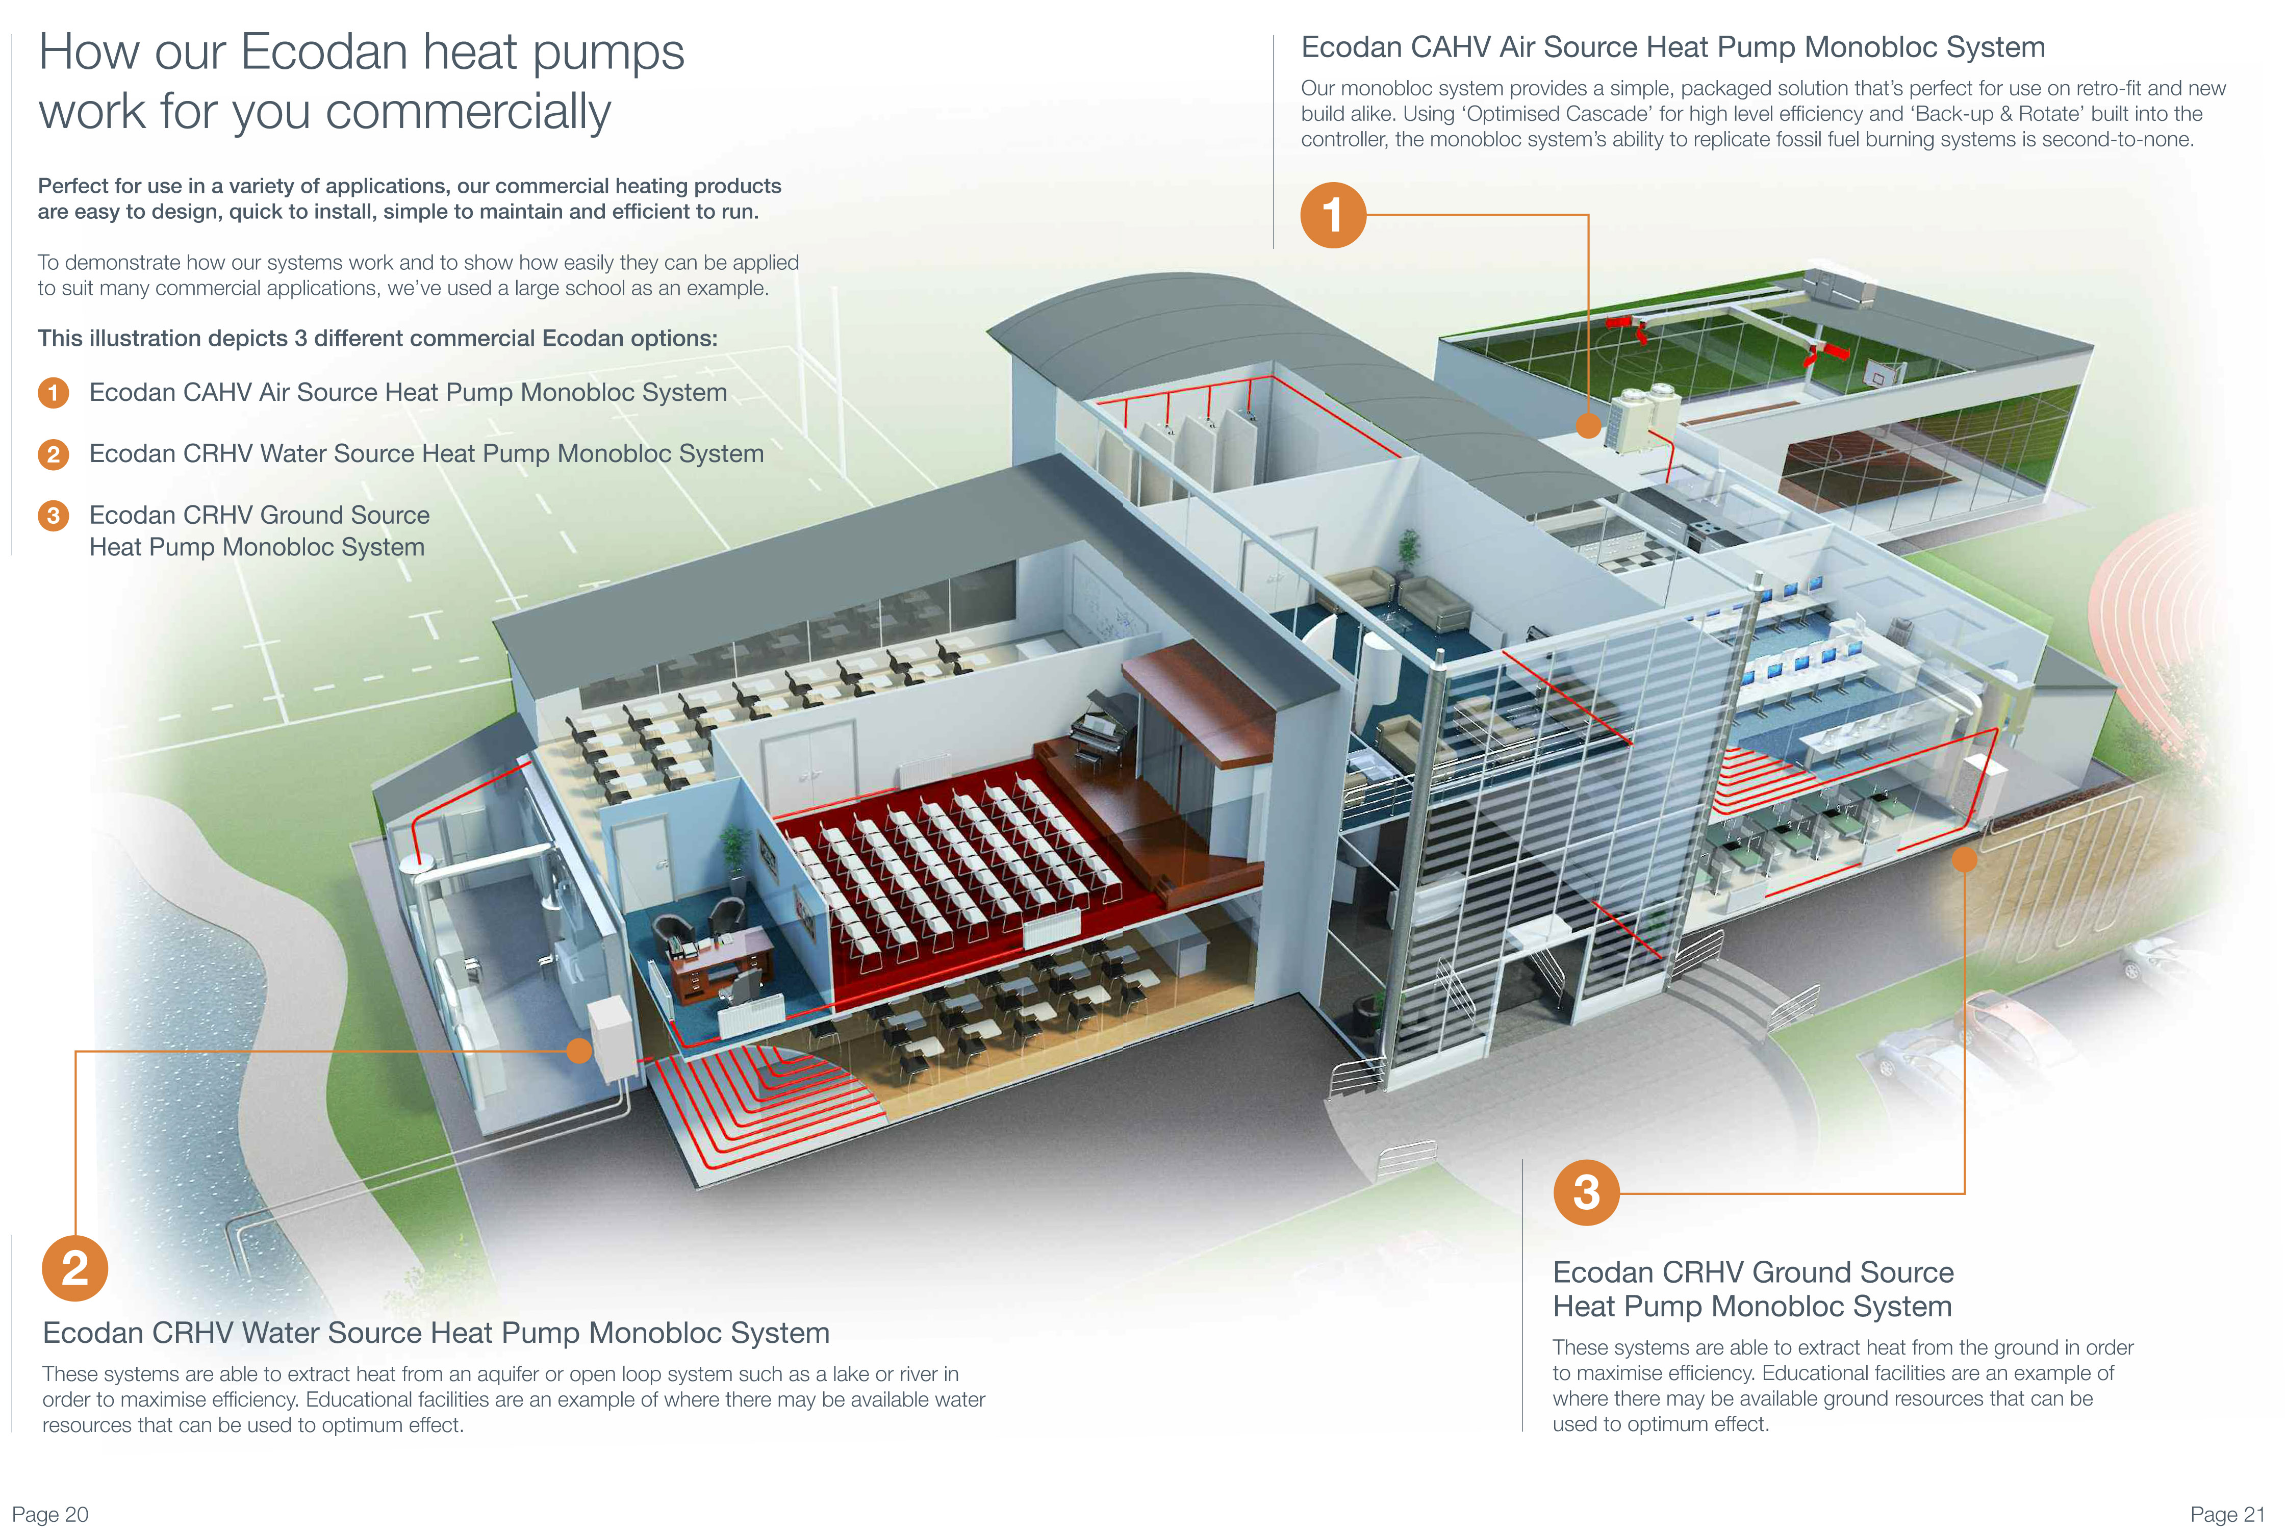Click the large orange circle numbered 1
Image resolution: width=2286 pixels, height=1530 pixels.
(1333, 215)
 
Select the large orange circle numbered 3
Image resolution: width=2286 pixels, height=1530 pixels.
(1586, 1192)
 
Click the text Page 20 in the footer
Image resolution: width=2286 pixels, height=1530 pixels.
(50, 1513)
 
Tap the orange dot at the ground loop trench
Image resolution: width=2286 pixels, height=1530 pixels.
(1964, 859)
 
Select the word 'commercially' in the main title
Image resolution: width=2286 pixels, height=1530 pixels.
(468, 111)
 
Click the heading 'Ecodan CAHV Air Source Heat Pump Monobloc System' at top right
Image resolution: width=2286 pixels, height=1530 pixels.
(1672, 47)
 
